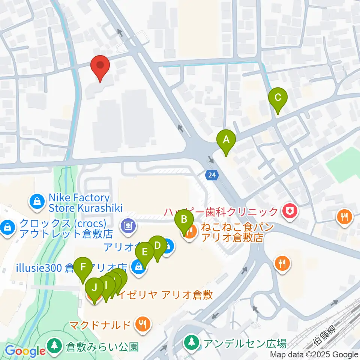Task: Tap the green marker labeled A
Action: tap(226, 141)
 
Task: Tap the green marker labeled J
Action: tap(94, 288)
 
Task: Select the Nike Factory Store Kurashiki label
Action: tap(79, 202)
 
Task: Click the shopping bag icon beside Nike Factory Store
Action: tap(37, 202)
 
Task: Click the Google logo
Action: tap(25, 351)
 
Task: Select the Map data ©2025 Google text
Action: tap(314, 355)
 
